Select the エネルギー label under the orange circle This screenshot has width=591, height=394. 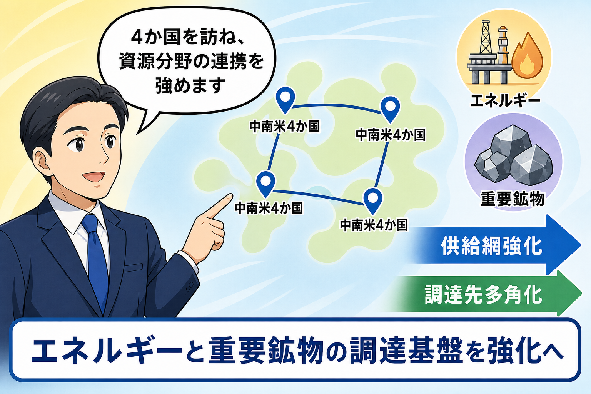pos(505,100)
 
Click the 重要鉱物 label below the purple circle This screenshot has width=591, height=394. pos(513,199)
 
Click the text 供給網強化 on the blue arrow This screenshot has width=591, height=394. pos(491,246)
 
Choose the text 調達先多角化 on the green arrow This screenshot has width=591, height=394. pos(483,295)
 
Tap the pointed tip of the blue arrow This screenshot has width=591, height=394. pos(581,245)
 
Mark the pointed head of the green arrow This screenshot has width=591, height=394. pos(581,293)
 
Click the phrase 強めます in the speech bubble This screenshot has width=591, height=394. pos(190,85)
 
